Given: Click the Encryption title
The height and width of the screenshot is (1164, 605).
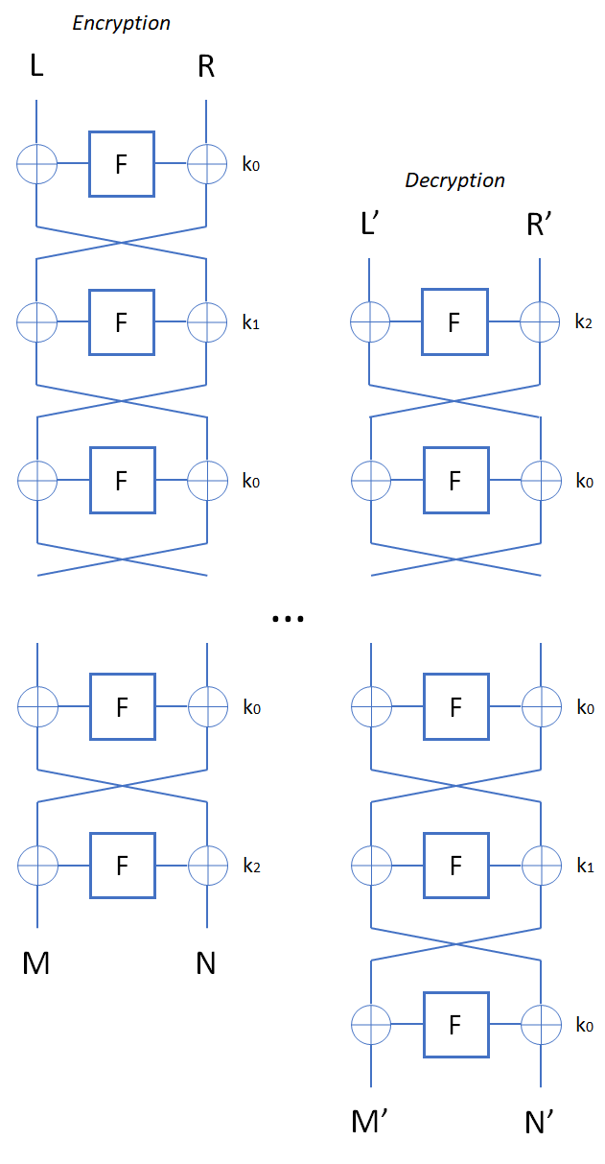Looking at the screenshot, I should pos(121,23).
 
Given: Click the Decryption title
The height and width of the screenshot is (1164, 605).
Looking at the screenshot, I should pos(454,180).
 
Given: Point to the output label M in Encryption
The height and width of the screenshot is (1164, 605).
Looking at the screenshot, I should pos(35,962).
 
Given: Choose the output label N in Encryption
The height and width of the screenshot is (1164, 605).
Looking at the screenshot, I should pos(206,962).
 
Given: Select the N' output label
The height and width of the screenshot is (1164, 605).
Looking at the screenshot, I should pos(541,1121).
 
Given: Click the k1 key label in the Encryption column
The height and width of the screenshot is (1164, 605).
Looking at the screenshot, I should pos(251,323).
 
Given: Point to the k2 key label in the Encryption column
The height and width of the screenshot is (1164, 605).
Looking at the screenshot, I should pos(251,867).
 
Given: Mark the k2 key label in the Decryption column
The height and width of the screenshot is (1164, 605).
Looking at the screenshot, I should pos(584,323).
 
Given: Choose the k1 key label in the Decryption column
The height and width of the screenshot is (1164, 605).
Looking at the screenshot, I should pos(584,867).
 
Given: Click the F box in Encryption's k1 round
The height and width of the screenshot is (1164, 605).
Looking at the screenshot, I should pos(122,322).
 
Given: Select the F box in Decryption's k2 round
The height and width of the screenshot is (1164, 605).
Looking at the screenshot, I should pos(454,322).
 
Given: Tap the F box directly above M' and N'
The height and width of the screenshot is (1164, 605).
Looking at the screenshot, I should pos(454,1024).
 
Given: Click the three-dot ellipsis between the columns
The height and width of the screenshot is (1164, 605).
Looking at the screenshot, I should pos(288,619).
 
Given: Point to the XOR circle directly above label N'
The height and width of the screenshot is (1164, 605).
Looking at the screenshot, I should pos(540,1024).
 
